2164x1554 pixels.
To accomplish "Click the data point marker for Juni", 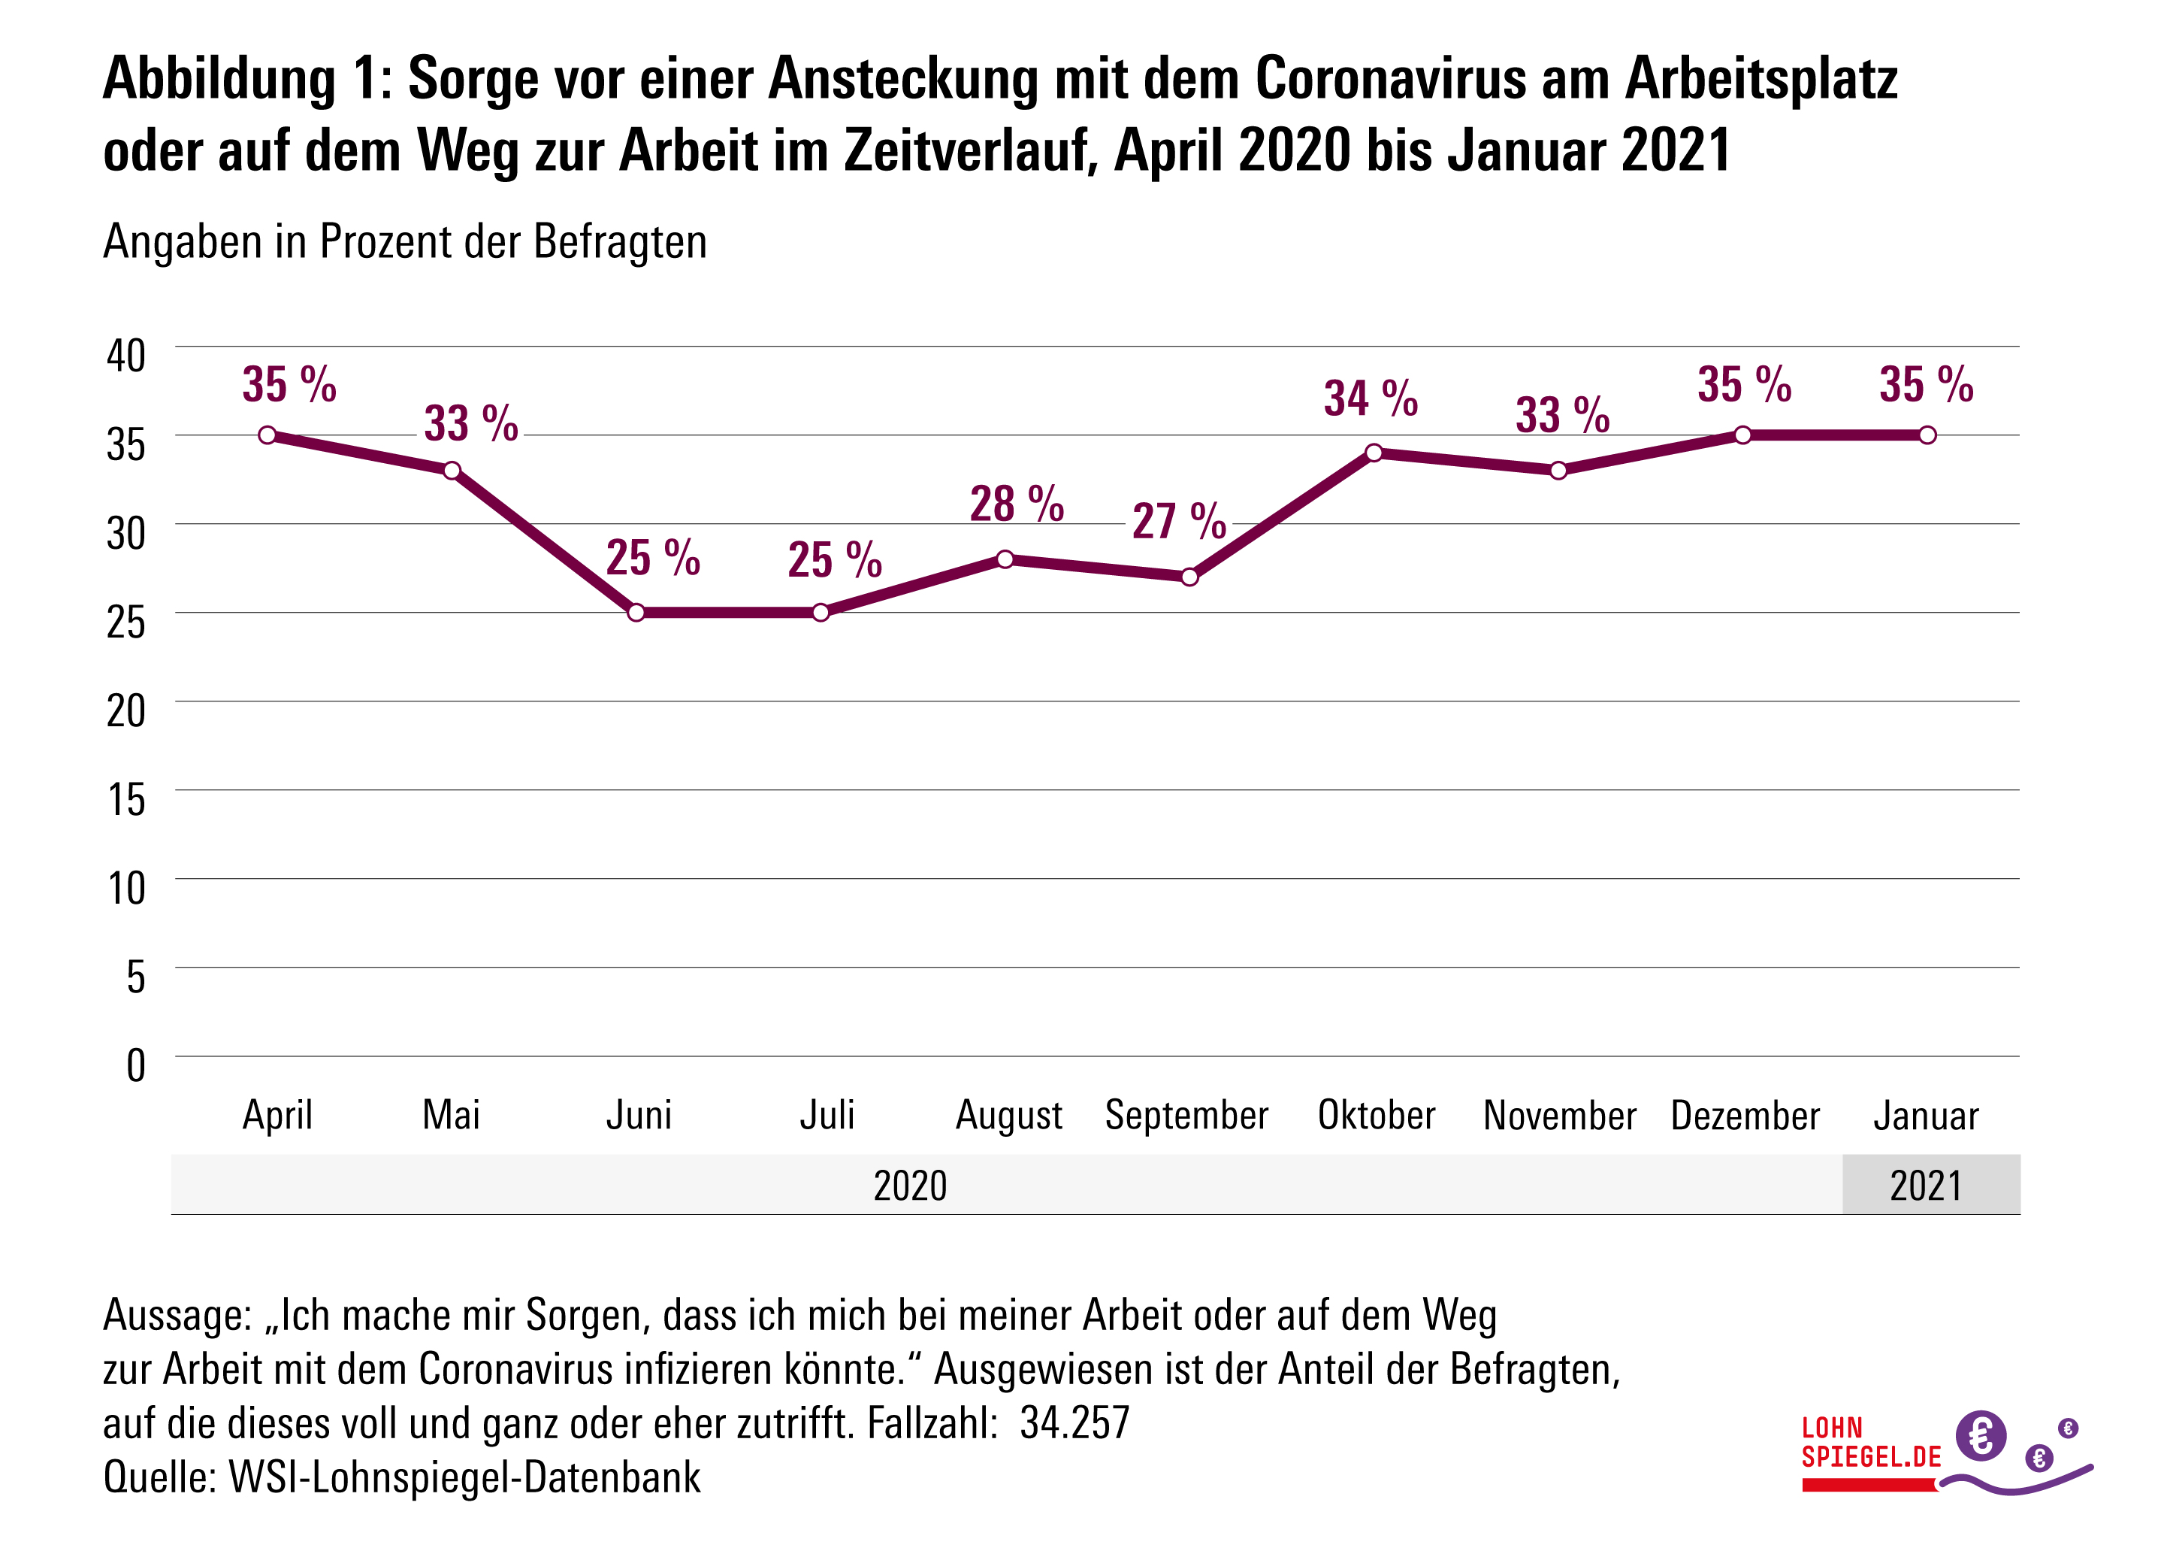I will [636, 613].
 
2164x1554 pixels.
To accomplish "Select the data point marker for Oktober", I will [1374, 453].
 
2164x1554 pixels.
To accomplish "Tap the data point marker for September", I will [1189, 577].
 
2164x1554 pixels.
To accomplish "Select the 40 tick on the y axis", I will [126, 356].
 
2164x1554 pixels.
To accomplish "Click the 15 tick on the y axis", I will [126, 800].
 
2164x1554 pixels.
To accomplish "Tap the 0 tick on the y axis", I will [135, 1065].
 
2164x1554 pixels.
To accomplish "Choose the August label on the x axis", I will [1009, 1115].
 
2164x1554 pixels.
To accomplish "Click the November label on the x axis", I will [1560, 1115].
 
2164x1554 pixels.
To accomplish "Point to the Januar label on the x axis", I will [1927, 1115].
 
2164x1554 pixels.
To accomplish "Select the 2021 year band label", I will [1927, 1186].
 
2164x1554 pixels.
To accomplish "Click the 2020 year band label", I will [910, 1186].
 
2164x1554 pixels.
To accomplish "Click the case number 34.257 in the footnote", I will [1074, 1423].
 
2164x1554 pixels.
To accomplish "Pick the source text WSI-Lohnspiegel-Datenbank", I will [464, 1477].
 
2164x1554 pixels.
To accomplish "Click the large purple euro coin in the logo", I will [1981, 1434].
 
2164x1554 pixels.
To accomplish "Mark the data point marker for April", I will [268, 435].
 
